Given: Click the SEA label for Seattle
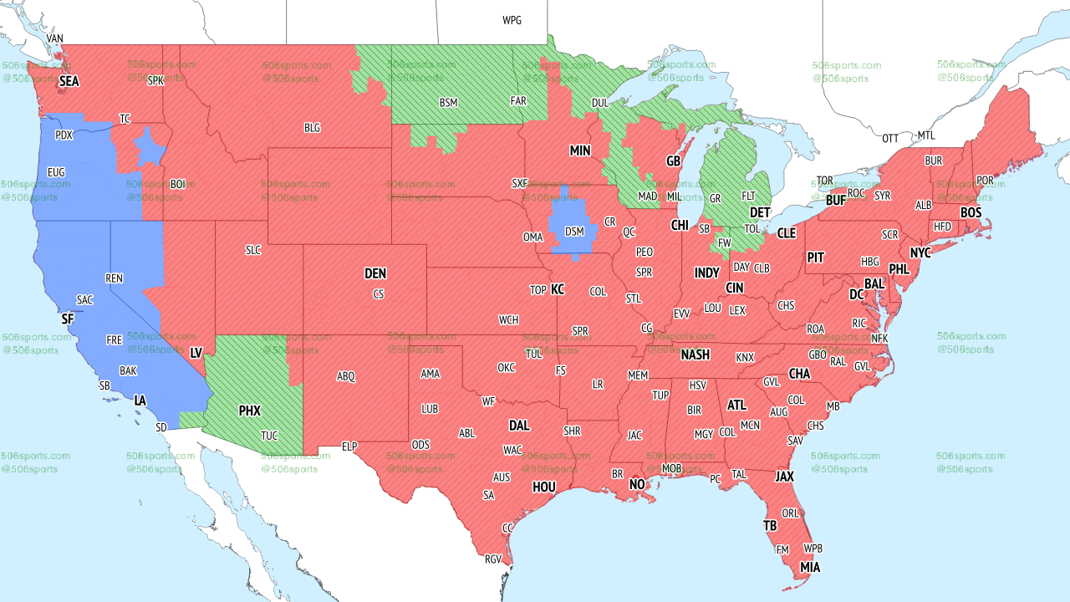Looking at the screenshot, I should point(69,82).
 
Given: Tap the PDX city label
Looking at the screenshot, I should point(64,135).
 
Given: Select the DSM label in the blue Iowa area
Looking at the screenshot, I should point(574,232).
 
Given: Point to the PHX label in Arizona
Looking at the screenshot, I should point(250,411).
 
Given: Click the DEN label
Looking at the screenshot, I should point(375,273).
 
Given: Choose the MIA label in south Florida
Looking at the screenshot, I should point(809,568).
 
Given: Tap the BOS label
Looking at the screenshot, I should point(971,213).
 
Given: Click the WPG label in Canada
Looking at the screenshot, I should point(512,20).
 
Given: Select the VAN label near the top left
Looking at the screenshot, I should point(55,38).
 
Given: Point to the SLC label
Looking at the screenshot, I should point(253,250).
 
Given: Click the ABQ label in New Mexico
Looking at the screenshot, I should point(346,376).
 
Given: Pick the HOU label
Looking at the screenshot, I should point(544,487).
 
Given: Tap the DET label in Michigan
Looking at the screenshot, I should point(759,213).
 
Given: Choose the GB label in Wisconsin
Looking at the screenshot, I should point(673,161).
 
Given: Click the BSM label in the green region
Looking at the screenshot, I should point(449,103).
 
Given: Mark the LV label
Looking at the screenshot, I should point(196,353).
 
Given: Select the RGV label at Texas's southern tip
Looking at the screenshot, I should point(493,559).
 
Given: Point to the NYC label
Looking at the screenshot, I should point(920,253).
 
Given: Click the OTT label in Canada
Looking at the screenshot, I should point(891,138).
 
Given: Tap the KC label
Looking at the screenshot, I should point(558,289).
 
